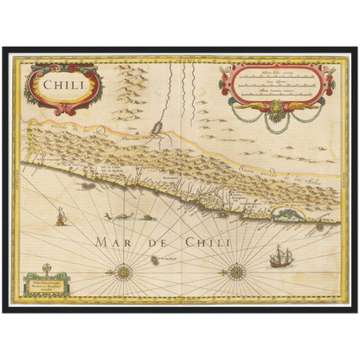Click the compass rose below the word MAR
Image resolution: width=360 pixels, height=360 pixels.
click(x=125, y=272)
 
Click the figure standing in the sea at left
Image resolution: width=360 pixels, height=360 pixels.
click(x=60, y=218)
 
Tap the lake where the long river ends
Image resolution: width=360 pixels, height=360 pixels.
click(x=158, y=131)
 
